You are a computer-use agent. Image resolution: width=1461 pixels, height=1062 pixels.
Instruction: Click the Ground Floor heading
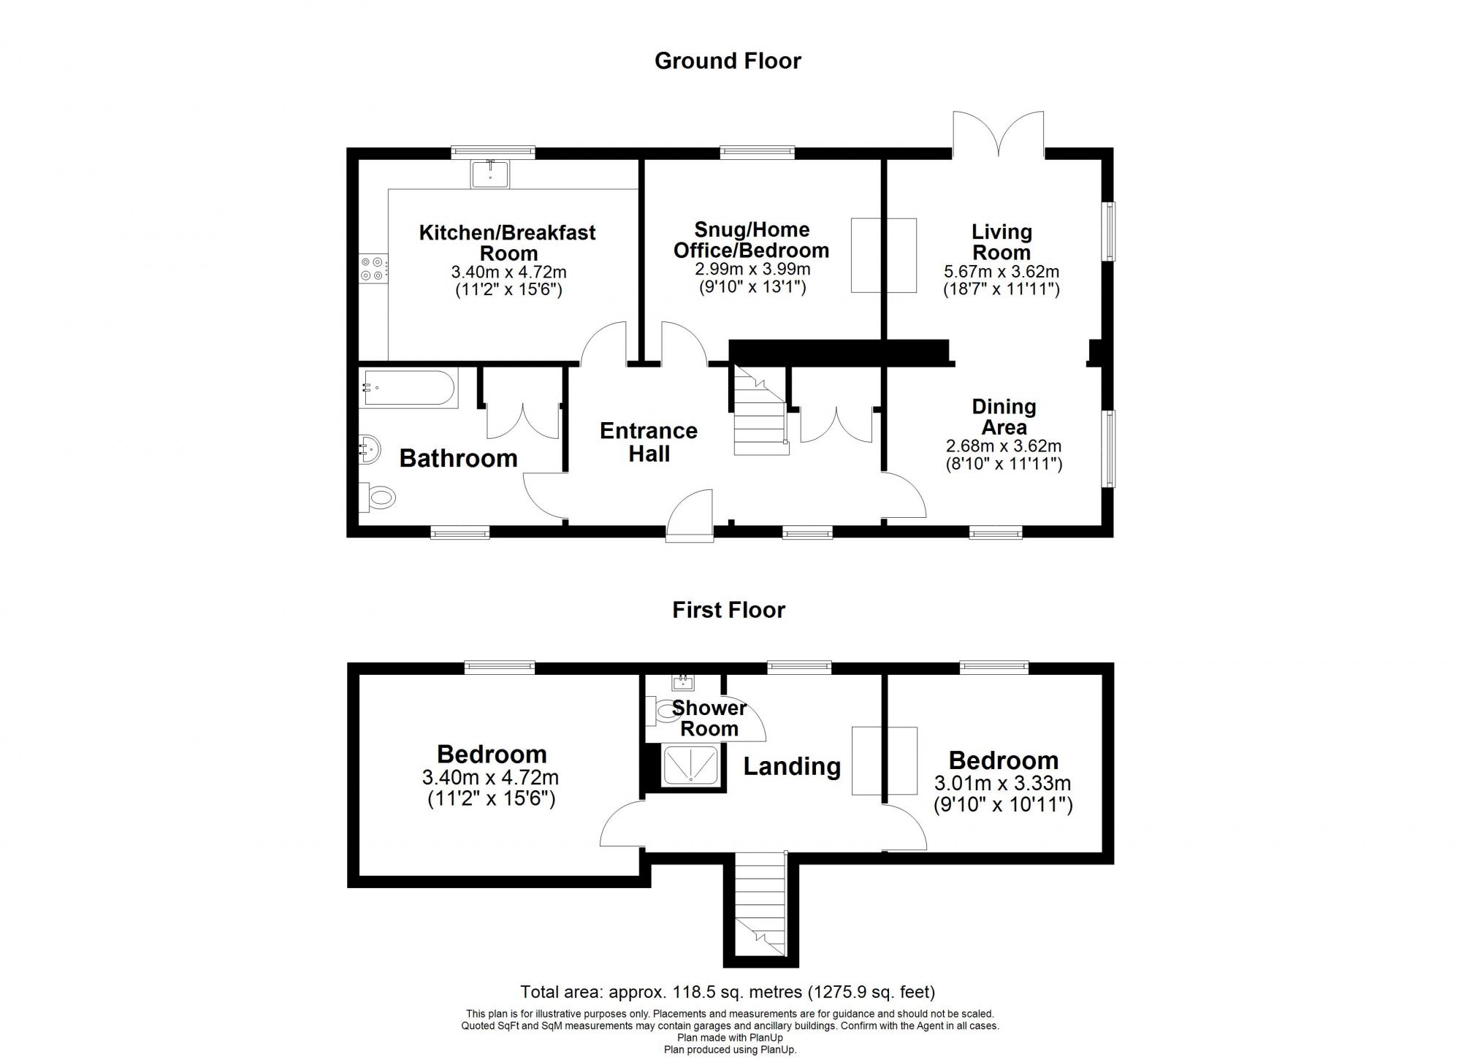(728, 61)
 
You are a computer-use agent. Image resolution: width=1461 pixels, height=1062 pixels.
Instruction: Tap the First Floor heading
(728, 610)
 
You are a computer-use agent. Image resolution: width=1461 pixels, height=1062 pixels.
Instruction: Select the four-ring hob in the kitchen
(372, 268)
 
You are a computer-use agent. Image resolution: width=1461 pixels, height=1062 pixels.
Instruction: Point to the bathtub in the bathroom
(409, 389)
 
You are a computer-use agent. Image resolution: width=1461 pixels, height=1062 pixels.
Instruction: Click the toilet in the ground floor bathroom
(380, 498)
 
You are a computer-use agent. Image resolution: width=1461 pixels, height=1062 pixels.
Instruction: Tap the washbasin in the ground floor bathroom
(370, 447)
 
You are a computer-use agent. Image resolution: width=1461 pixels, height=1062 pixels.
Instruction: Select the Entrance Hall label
(649, 442)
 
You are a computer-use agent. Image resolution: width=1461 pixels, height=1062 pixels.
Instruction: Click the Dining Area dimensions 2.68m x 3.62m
(1004, 446)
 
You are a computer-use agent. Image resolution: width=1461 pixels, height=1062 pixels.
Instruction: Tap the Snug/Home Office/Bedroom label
(751, 240)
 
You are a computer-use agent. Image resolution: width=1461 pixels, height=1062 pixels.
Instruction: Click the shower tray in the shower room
(691, 765)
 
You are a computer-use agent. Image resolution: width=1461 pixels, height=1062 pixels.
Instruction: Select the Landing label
(792, 766)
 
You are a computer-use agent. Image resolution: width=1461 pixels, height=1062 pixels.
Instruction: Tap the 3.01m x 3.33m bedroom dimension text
(1002, 784)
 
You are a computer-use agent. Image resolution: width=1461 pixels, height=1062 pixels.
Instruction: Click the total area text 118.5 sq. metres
(727, 992)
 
